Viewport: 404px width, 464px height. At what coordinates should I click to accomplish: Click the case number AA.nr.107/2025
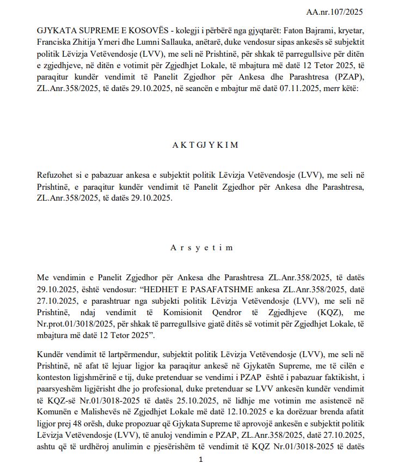[x=334, y=11]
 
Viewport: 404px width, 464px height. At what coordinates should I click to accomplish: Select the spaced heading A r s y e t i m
[x=201, y=248]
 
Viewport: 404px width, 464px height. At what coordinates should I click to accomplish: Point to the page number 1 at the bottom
[x=201, y=459]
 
